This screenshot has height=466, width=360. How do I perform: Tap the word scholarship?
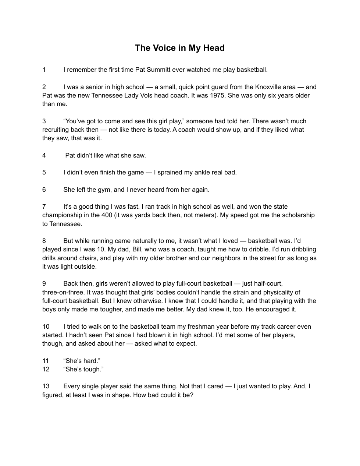[x=297, y=215]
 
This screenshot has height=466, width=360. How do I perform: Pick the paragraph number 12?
[x=46, y=369]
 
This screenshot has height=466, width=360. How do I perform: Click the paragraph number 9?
[x=44, y=283]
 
